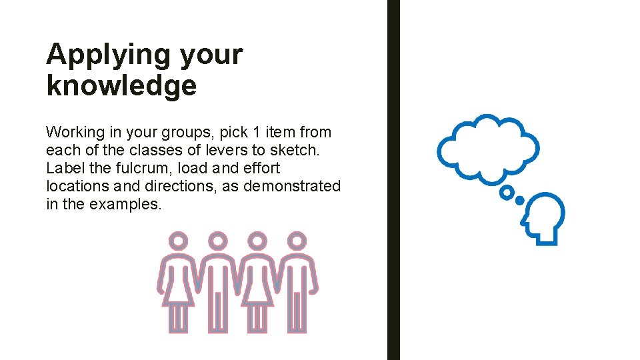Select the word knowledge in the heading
[121, 85]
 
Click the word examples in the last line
[125, 205]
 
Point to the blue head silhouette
[544, 217]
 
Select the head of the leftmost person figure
[179, 241]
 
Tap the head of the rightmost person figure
[297, 241]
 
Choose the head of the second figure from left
[218, 241]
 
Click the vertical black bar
[393, 180]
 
